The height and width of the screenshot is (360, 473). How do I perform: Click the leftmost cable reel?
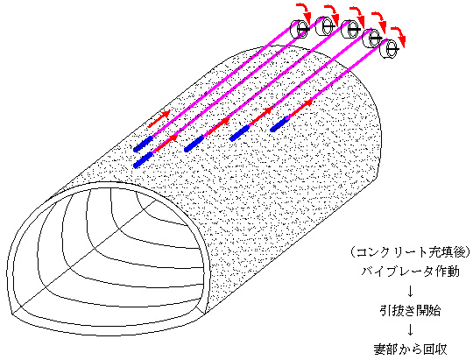[300, 29]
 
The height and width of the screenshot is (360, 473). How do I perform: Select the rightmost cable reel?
[390, 48]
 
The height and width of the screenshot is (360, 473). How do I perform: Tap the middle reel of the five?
[351, 29]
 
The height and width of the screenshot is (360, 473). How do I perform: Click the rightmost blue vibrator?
[280, 124]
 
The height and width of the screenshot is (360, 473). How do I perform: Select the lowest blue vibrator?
[143, 160]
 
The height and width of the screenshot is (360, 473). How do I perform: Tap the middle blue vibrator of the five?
[194, 144]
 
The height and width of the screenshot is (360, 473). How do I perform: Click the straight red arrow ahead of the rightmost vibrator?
[300, 108]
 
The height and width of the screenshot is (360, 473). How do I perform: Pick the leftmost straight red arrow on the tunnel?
[159, 119]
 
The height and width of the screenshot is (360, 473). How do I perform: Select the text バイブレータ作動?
[410, 272]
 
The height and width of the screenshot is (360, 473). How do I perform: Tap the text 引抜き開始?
[410, 310]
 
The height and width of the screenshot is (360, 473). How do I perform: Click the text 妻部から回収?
[410, 349]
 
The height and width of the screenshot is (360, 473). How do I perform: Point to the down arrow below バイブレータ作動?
[410, 291]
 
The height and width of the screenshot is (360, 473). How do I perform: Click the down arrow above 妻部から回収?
[410, 330]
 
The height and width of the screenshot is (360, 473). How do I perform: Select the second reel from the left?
[325, 26]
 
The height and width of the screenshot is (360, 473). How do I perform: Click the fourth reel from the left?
[372, 39]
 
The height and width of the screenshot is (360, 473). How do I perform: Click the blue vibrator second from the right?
[239, 133]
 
